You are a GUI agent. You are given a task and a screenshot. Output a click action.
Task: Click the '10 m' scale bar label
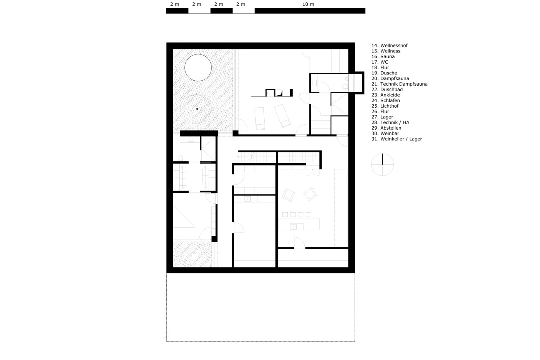point(308,4)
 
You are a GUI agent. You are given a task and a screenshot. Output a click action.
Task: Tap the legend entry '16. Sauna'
point(383,56)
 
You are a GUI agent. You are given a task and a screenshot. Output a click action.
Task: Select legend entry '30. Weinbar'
point(385,134)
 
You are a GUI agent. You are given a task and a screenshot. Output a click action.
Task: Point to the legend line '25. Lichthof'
point(385,106)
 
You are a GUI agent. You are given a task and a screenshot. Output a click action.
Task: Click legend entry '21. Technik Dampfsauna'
point(400,84)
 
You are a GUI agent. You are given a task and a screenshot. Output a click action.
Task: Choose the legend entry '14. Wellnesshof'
point(390,45)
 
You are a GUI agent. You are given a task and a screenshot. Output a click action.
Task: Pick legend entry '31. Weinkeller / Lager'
point(397,139)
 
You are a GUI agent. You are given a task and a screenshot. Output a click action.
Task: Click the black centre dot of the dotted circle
point(197,109)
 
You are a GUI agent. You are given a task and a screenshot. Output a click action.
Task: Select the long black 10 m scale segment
point(310,10)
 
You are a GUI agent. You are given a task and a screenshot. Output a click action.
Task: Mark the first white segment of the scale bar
point(199,10)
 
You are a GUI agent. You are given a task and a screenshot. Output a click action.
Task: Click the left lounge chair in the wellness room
point(260,118)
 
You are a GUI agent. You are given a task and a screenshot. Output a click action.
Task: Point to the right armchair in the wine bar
point(310,194)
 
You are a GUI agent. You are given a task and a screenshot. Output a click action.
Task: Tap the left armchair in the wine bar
point(289,195)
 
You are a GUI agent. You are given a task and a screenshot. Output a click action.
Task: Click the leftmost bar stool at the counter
point(285,215)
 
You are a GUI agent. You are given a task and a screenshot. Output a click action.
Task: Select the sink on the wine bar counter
point(294,226)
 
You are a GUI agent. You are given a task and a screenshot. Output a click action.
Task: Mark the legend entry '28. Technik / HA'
point(390,122)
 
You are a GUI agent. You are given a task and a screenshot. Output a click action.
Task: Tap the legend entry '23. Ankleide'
point(385,95)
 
